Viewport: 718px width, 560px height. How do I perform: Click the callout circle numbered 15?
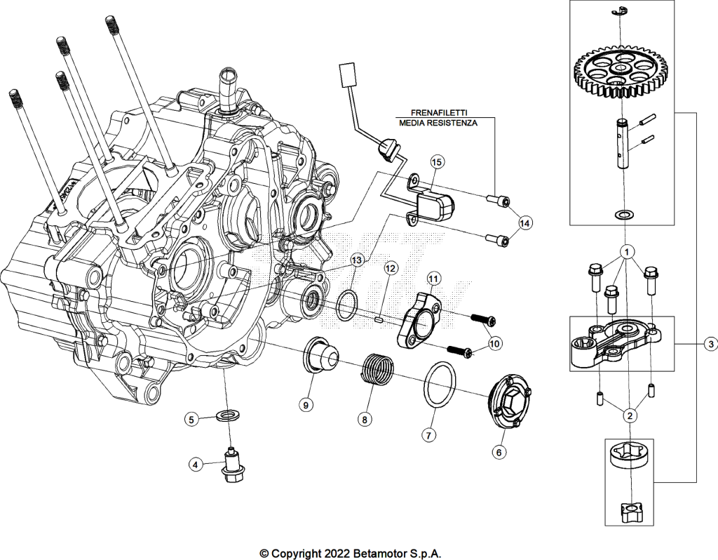point(437,162)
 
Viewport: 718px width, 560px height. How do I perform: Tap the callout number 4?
point(195,465)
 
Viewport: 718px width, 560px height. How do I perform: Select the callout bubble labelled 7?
point(428,434)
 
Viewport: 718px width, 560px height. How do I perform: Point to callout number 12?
point(390,268)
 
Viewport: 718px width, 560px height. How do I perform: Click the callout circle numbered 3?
point(710,344)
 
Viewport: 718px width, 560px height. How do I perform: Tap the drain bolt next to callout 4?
point(233,464)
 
